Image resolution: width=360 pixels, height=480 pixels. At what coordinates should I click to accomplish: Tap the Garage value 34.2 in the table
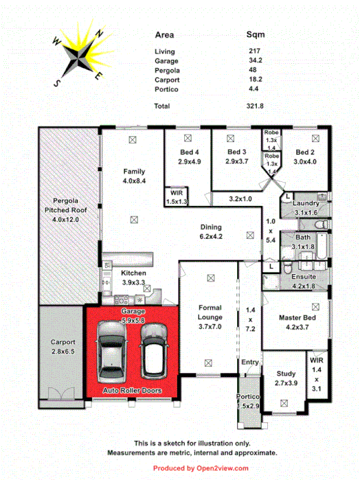coord(255,61)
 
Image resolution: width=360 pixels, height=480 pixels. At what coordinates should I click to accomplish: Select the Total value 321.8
coord(256,106)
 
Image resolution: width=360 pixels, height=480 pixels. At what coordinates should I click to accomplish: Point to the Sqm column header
coord(256,34)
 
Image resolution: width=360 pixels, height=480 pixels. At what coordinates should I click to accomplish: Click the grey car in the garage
coord(110,352)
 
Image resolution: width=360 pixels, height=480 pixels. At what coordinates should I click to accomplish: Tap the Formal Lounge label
coord(210,312)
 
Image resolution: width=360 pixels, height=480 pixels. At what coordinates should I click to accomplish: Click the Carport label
coord(63,341)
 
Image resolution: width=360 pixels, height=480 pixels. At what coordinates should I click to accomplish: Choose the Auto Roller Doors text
coord(133,390)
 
